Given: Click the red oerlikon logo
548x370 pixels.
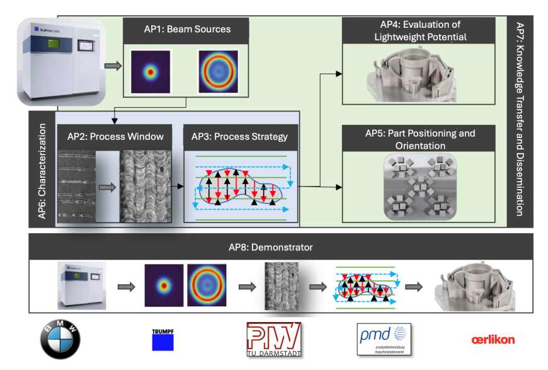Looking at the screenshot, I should click(493, 340).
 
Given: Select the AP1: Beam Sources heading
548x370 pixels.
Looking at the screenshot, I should click(186, 29).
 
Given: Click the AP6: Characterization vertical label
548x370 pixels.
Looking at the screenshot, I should click(42, 171).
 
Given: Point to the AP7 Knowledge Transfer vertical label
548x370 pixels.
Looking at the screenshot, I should click(520, 120).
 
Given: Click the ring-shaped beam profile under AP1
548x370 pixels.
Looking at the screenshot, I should click(218, 71).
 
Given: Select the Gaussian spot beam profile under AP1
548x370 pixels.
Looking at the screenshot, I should click(151, 71).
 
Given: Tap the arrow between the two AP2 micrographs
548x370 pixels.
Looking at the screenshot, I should click(108, 187).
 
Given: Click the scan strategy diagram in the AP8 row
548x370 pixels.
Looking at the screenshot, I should click(366, 286).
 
